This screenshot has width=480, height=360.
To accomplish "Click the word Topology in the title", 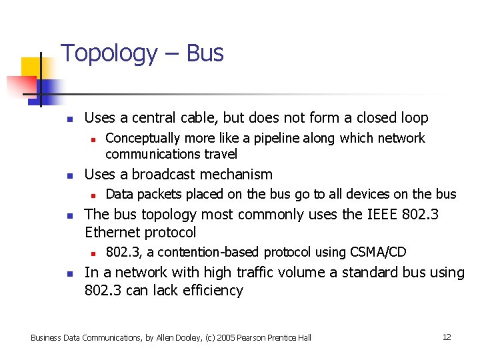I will point(109,54).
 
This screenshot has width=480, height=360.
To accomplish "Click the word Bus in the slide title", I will point(205,53).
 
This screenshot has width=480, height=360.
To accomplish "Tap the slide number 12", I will point(447,337).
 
